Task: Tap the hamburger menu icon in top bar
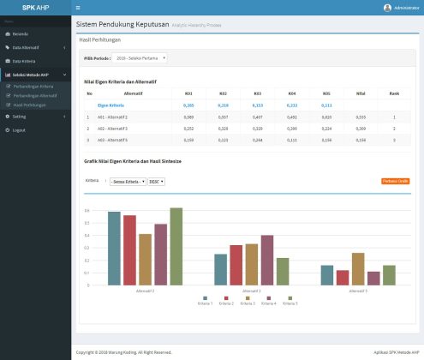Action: (78, 7)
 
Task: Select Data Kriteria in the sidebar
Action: (23, 62)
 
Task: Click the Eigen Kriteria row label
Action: (110, 104)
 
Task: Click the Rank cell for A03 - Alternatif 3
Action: (394, 138)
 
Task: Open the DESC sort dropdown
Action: (156, 182)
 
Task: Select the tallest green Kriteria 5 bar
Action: (176, 246)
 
